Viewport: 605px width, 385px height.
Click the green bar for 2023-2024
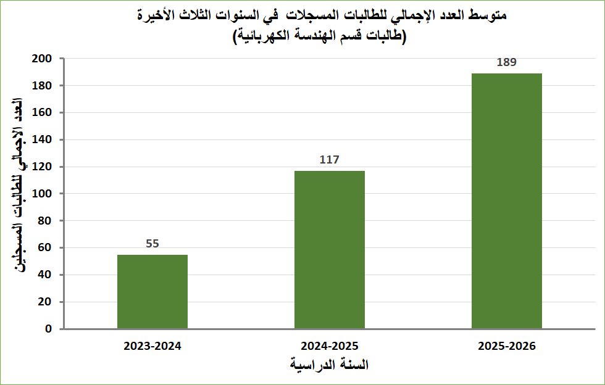[152, 291]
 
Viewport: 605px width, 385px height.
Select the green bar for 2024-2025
[330, 249]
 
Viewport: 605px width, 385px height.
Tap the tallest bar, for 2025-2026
[507, 201]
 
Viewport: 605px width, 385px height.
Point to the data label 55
[152, 244]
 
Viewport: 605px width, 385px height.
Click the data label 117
[330, 160]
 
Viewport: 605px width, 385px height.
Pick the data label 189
[507, 62]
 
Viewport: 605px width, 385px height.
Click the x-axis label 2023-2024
[152, 346]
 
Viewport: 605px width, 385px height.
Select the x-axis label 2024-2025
[330, 346]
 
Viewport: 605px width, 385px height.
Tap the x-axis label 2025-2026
[507, 346]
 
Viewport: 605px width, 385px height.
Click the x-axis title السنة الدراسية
[330, 365]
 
